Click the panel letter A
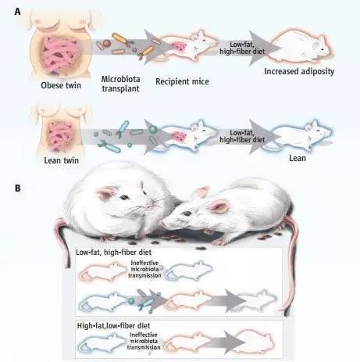pyautogui.click(x=17, y=12)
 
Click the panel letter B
pyautogui.click(x=18, y=188)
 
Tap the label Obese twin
pyautogui.click(x=61, y=85)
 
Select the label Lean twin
pyautogui.click(x=62, y=160)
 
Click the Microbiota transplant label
pyautogui.click(x=120, y=84)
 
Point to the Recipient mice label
pyautogui.click(x=182, y=81)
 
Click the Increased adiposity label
pyautogui.click(x=299, y=71)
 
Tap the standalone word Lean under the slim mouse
pyautogui.click(x=298, y=158)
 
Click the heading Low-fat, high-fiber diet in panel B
pyautogui.click(x=113, y=253)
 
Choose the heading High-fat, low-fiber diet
pyautogui.click(x=113, y=326)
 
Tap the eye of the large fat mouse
pyautogui.click(x=124, y=197)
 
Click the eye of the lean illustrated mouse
pyautogui.click(x=187, y=213)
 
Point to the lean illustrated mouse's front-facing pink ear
pyautogui.click(x=218, y=206)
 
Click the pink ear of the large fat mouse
pyautogui.click(x=105, y=193)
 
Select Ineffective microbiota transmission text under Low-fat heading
pyautogui.click(x=144, y=269)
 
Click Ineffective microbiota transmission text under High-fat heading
pyautogui.click(x=144, y=341)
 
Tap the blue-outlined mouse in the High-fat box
pyautogui.click(x=102, y=342)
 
